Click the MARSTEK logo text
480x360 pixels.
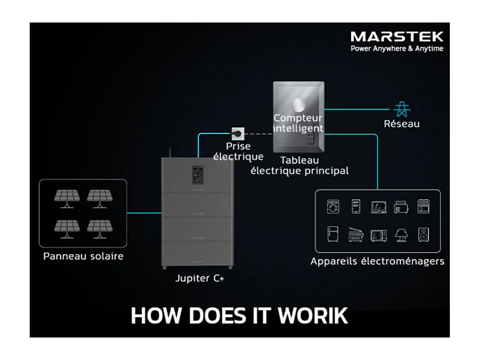coord(397,36)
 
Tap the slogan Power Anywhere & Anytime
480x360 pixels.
coord(397,49)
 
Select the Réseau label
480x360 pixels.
coord(401,123)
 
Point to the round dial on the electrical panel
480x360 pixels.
coord(297,105)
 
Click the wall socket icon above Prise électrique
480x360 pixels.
coord(238,133)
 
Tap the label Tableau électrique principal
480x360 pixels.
coord(299,166)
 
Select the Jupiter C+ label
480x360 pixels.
coord(200,279)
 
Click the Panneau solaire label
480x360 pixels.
coord(83,256)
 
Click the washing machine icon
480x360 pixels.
coord(333,207)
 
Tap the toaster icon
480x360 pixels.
coord(400,207)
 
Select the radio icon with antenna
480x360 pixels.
coord(355,234)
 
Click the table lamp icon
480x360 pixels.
coord(401,234)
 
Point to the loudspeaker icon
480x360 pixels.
coord(423,234)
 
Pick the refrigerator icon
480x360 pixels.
coord(333,234)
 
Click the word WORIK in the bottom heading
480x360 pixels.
coord(313,315)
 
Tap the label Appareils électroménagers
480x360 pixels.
coord(377,261)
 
